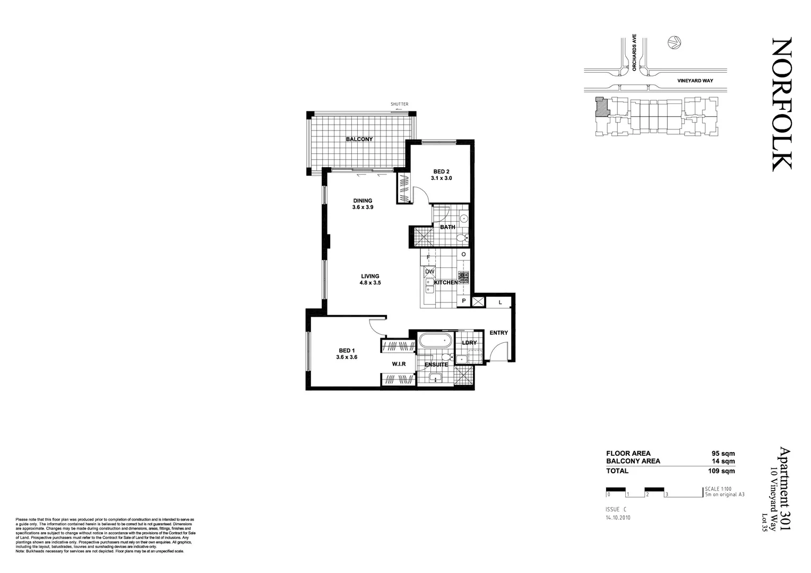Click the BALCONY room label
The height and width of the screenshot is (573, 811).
coord(359,139)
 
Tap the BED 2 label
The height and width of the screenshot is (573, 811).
coord(441,171)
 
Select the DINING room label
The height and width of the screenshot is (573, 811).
coord(363,201)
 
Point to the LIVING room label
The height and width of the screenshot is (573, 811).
coord(370,276)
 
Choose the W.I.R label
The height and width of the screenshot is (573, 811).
coord(399,364)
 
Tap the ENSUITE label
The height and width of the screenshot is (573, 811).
coord(436,364)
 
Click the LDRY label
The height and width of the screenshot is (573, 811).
coord(469,343)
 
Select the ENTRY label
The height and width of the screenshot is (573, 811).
coord(498,333)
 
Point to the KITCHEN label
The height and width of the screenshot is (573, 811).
coord(446,283)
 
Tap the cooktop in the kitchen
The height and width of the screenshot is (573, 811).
coord(463,276)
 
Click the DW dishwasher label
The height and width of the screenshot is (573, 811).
coord(430,272)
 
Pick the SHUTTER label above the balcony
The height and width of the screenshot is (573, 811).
coord(400,105)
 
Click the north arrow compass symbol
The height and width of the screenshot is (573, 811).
coord(674,43)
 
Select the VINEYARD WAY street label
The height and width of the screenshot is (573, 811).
coord(695,81)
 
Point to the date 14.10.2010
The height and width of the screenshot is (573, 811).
coord(618,517)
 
